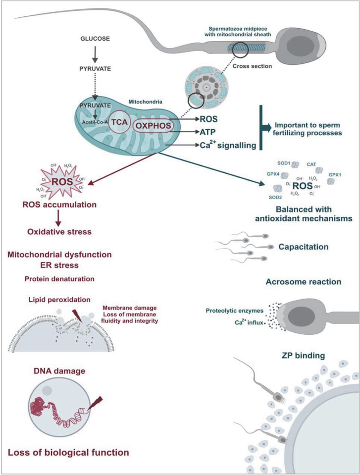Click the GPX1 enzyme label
click(335, 175)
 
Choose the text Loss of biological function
click(68, 452)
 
